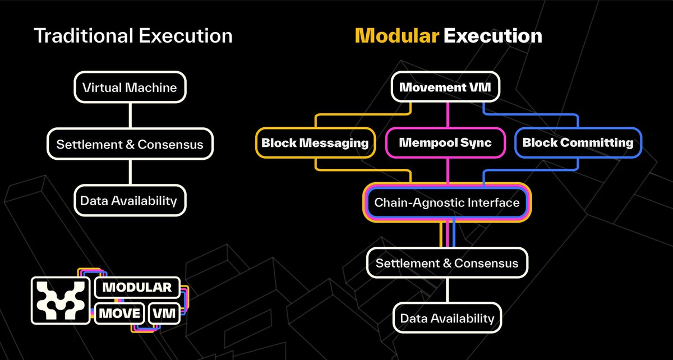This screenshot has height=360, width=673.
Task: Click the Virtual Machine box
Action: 130,87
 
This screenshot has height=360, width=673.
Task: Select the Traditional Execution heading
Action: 133,36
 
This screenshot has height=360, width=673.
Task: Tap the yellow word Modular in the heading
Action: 397,36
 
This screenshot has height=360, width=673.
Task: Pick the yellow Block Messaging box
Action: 315,142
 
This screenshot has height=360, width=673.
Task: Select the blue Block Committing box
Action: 578,142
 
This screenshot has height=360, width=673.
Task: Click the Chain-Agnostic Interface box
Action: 447,202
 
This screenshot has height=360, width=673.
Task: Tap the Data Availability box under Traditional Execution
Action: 130,200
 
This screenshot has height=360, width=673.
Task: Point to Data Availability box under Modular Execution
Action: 447,319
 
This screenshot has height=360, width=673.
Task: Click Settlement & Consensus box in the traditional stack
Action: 130,144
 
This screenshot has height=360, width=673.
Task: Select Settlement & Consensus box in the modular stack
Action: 447,262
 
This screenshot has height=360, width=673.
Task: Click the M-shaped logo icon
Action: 61,301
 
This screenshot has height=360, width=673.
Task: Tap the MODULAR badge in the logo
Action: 137,288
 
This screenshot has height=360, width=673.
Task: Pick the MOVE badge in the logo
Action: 119,313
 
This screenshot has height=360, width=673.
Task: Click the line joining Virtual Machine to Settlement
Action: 130,116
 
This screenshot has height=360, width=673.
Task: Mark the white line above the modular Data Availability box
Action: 447,290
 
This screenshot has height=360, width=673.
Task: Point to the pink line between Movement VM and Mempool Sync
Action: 448,114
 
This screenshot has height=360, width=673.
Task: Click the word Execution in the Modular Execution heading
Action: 492,36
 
